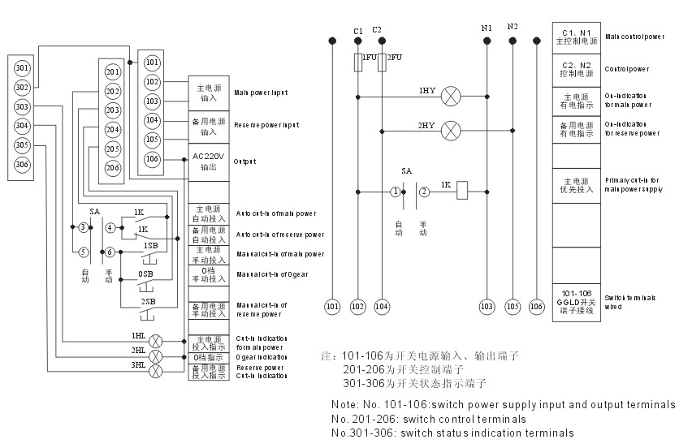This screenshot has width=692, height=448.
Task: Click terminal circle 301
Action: click(x=23, y=68)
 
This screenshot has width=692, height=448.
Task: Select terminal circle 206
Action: click(x=113, y=167)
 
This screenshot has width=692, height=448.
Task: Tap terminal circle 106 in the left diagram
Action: click(x=152, y=159)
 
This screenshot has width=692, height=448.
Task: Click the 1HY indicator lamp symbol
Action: click(x=451, y=97)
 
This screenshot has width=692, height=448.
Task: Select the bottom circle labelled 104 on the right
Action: click(x=382, y=307)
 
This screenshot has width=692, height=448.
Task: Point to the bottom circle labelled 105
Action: click(x=513, y=307)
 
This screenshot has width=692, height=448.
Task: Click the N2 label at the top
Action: click(x=513, y=27)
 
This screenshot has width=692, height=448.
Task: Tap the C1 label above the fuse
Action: click(x=358, y=30)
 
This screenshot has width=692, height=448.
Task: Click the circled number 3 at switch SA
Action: click(x=83, y=227)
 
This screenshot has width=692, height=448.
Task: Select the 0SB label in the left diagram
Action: click(x=145, y=274)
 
